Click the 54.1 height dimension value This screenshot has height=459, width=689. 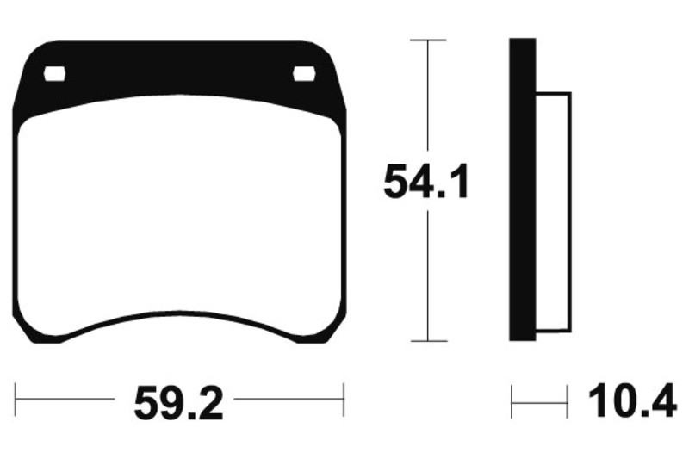pos(425,182)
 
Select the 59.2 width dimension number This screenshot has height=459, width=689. pos(178,403)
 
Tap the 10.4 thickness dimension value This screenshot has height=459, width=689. pos(632,401)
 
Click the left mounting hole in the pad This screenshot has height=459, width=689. pos(55,74)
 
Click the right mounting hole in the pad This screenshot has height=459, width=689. pos(304,74)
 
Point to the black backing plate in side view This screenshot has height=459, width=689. pos(523,189)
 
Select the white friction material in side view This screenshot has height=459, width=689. pos(554,212)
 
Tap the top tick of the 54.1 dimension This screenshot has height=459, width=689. pos(428,40)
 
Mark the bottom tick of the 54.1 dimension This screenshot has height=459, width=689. pos(429,340)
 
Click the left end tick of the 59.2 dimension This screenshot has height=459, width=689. pos(16,400)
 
